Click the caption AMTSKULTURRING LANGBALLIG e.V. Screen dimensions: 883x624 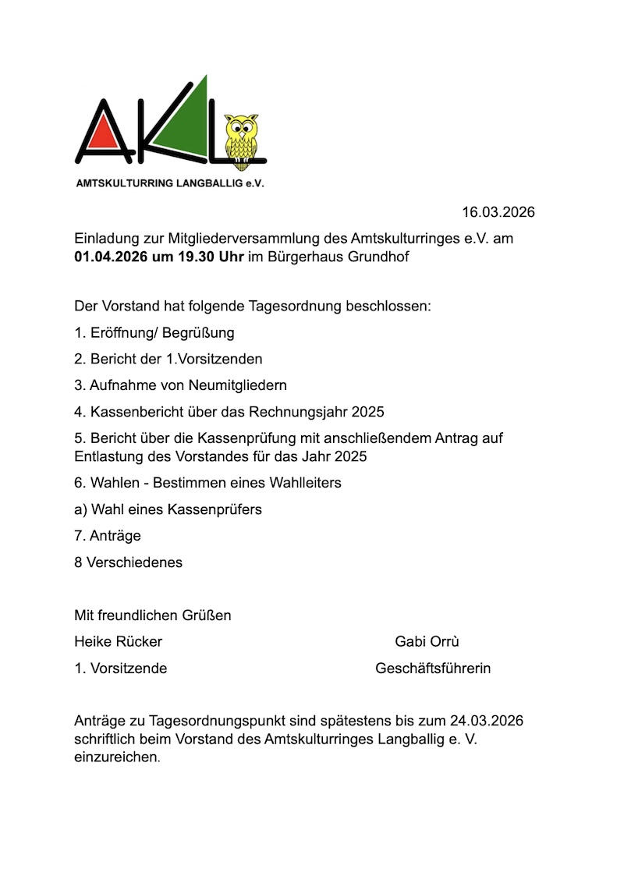pyautogui.click(x=169, y=185)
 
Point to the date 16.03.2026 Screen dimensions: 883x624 pyautogui.click(x=498, y=212)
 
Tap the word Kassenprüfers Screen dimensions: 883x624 pyautogui.click(x=214, y=509)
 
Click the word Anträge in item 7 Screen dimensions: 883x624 pyautogui.click(x=115, y=536)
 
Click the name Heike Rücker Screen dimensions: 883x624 pyautogui.click(x=119, y=642)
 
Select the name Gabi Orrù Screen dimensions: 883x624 pyautogui.click(x=427, y=642)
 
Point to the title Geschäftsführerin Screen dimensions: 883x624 pyautogui.click(x=433, y=668)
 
